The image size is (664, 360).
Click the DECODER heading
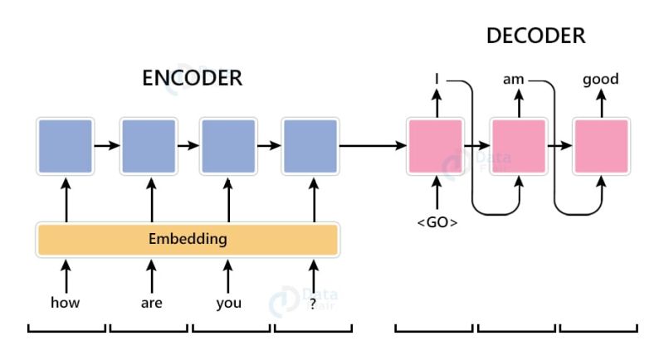(x=535, y=36)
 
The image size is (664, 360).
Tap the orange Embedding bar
(x=188, y=240)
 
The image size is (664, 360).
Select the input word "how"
(x=65, y=303)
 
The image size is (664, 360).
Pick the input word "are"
(x=151, y=303)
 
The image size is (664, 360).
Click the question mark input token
(x=313, y=303)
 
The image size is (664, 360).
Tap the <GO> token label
(x=436, y=223)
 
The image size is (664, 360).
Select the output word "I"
(x=436, y=80)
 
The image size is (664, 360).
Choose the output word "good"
(x=601, y=80)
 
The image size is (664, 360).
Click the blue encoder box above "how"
(x=65, y=146)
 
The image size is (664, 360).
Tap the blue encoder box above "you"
(x=227, y=146)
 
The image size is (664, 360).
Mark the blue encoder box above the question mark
(x=310, y=146)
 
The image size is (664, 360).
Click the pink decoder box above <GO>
(x=436, y=146)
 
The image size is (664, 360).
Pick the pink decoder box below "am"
(x=518, y=146)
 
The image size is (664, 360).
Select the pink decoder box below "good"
(x=601, y=146)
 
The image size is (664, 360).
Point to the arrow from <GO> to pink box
(x=436, y=195)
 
